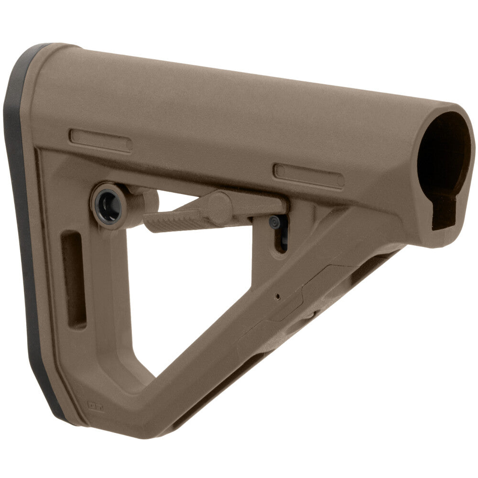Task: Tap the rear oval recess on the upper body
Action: [101, 141]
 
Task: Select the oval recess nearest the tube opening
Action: [309, 175]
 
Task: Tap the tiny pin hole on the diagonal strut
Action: [278, 296]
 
